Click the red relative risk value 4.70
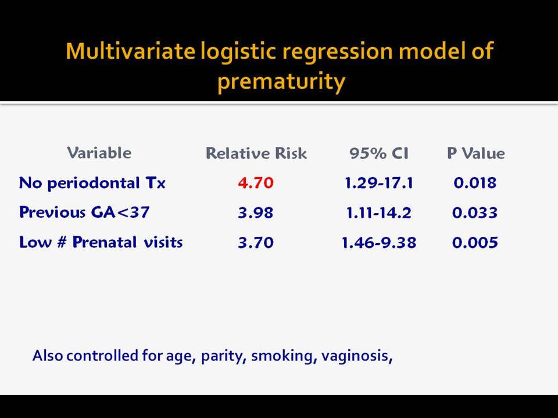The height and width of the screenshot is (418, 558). [256, 183]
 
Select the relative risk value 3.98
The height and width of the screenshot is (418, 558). [256, 212]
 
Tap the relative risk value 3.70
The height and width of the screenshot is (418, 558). [256, 243]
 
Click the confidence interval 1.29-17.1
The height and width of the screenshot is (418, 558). [378, 183]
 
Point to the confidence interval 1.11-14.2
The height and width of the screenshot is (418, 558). [378, 212]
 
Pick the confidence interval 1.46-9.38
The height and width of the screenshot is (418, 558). [378, 243]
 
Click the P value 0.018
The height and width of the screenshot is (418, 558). [475, 183]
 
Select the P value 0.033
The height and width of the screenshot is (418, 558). [475, 212]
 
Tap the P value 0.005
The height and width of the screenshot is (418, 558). [475, 243]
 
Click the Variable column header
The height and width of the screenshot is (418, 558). [99, 153]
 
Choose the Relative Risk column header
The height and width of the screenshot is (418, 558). [256, 153]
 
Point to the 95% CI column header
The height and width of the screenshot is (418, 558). [378, 153]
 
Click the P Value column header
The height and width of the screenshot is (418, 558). [476, 153]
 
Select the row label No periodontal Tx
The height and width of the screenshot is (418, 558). [92, 183]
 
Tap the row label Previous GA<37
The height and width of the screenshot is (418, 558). [84, 212]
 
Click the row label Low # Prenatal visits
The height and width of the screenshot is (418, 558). [101, 242]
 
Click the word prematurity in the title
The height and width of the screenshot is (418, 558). [281, 82]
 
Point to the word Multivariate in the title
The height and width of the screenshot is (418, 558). [131, 51]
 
